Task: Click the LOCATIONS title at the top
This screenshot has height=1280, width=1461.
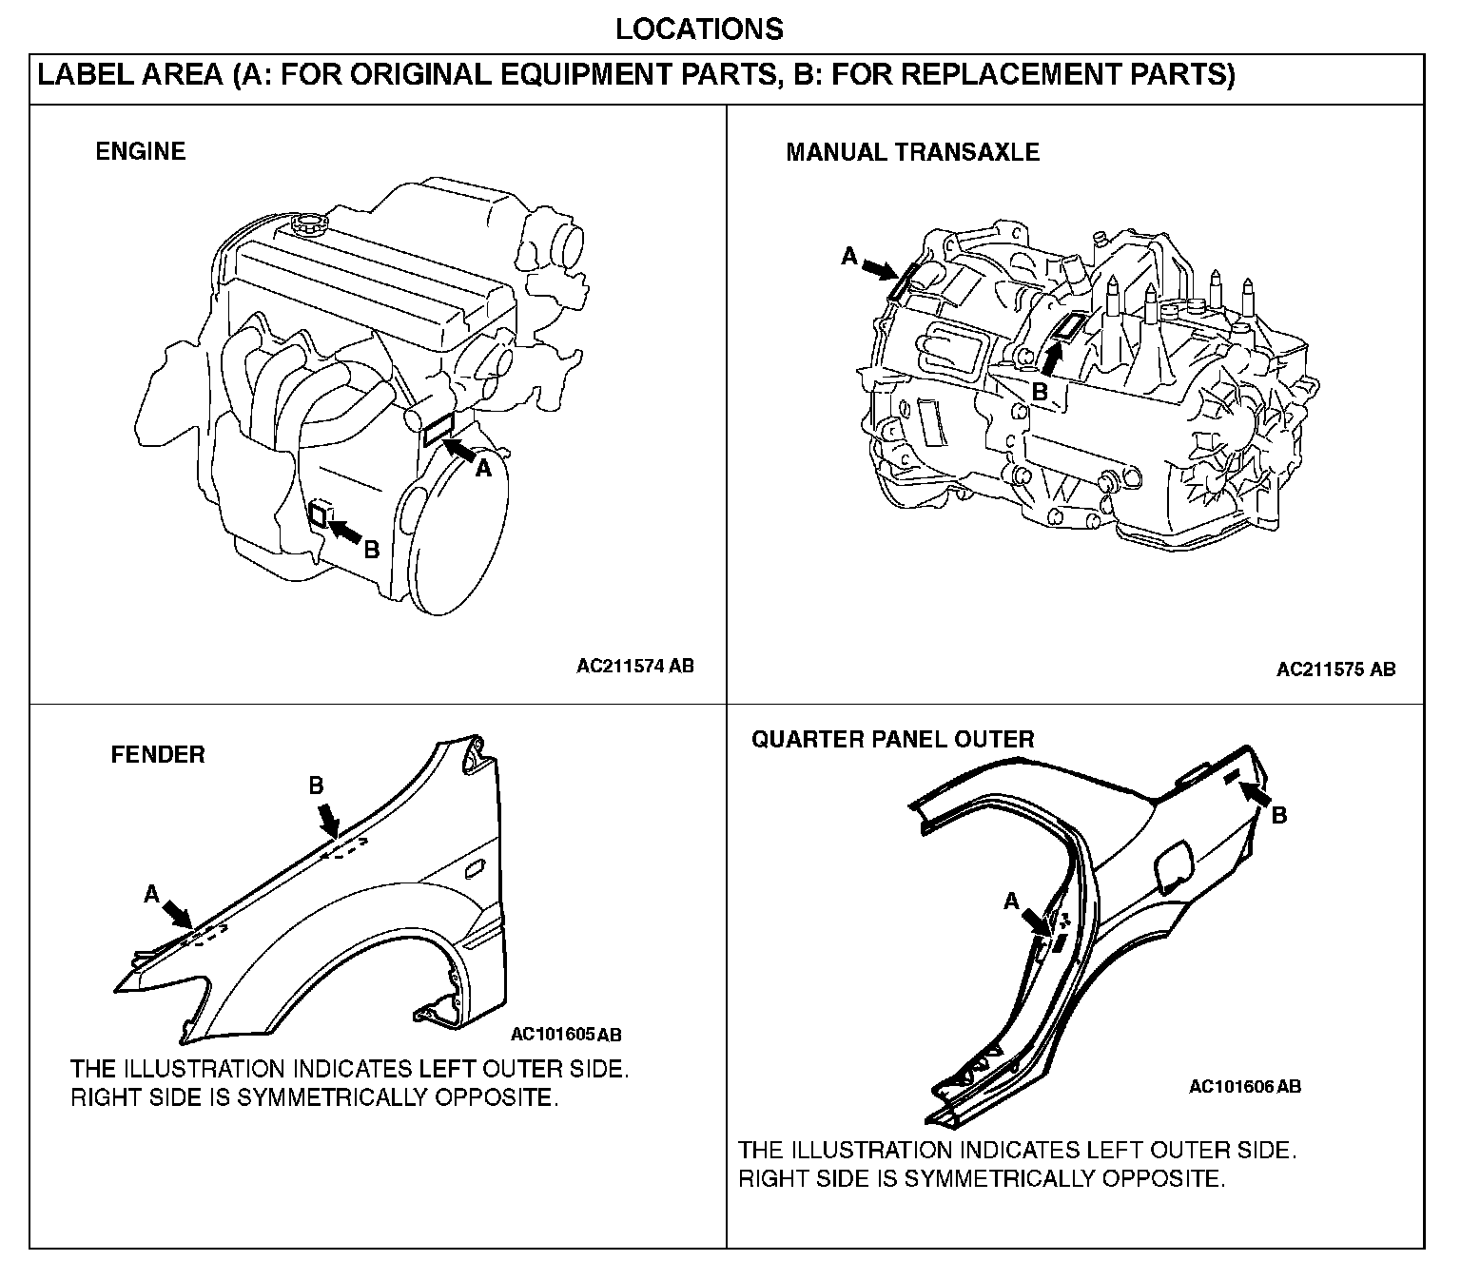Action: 699,29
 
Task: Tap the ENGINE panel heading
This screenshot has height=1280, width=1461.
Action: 141,151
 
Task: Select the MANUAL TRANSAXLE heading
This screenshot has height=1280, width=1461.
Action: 912,152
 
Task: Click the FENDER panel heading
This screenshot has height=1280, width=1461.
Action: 158,754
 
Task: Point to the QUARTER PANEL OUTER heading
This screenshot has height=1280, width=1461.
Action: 893,739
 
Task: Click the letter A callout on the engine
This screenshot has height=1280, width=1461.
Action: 483,469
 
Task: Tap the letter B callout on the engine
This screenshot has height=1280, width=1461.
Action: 371,551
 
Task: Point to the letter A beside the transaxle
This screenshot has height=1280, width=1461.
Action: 849,256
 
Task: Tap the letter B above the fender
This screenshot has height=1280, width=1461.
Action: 316,785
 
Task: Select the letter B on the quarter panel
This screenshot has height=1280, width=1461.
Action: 1279,816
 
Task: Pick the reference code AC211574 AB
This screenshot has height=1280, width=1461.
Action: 634,666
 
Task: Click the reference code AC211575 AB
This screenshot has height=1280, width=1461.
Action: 1335,669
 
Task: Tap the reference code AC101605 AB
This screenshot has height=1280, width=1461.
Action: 565,1035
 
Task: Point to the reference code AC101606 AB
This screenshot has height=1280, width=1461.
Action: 1245,1086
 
